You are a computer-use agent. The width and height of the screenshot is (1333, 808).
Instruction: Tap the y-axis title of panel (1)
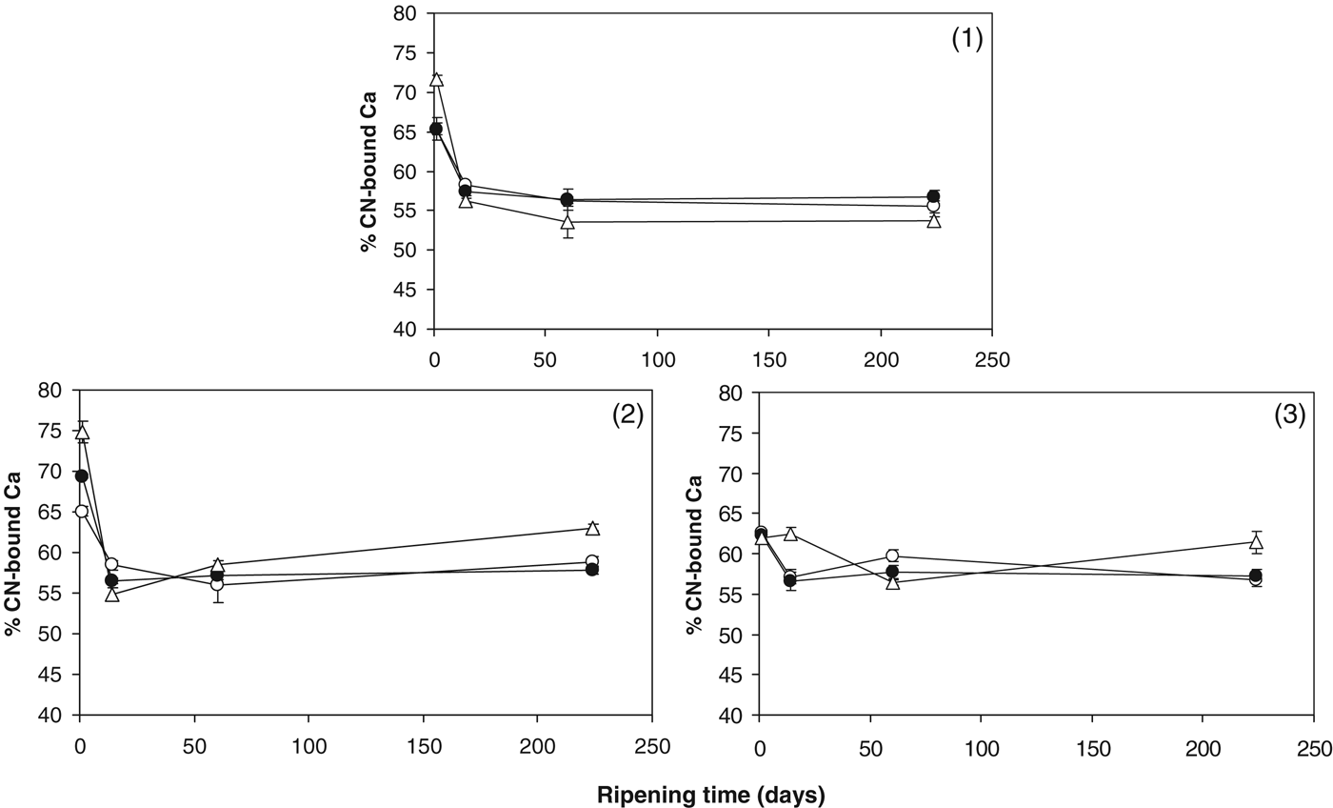368,171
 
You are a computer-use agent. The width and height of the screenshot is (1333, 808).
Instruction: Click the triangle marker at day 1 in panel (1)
436,79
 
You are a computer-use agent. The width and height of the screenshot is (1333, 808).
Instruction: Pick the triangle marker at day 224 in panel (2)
592,528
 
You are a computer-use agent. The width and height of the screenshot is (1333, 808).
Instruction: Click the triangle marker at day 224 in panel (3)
1256,541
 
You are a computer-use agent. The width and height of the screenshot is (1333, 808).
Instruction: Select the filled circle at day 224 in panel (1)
933,196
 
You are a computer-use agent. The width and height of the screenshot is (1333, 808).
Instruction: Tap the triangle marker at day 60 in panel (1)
567,222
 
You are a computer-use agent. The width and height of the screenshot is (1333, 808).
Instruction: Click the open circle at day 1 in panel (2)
82,512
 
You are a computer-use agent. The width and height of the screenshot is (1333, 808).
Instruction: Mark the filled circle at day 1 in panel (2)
82,475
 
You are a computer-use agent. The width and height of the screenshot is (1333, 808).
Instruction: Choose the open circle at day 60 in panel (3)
892,555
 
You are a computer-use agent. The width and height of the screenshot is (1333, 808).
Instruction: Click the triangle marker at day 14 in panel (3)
789,534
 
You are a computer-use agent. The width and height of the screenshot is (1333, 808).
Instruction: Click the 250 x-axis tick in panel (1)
992,362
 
